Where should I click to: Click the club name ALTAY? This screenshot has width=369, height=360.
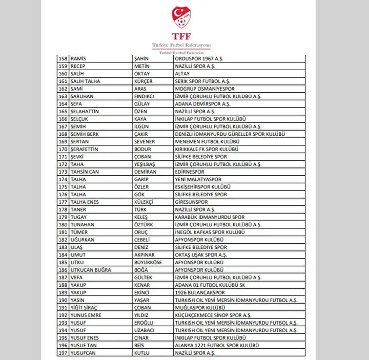pyautogui.click(x=182, y=73)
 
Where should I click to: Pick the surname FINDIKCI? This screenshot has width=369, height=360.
pyautogui.click(x=145, y=96)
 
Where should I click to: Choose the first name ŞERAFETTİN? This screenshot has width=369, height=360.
pyautogui.click(x=88, y=149)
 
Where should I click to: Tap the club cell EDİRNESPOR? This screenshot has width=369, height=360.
pyautogui.click(x=190, y=172)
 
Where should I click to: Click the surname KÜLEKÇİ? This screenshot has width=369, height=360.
pyautogui.click(x=144, y=202)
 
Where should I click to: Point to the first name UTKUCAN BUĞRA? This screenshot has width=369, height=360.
pyautogui.click(x=91, y=269)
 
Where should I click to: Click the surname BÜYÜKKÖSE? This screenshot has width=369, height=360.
pyautogui.click(x=148, y=262)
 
